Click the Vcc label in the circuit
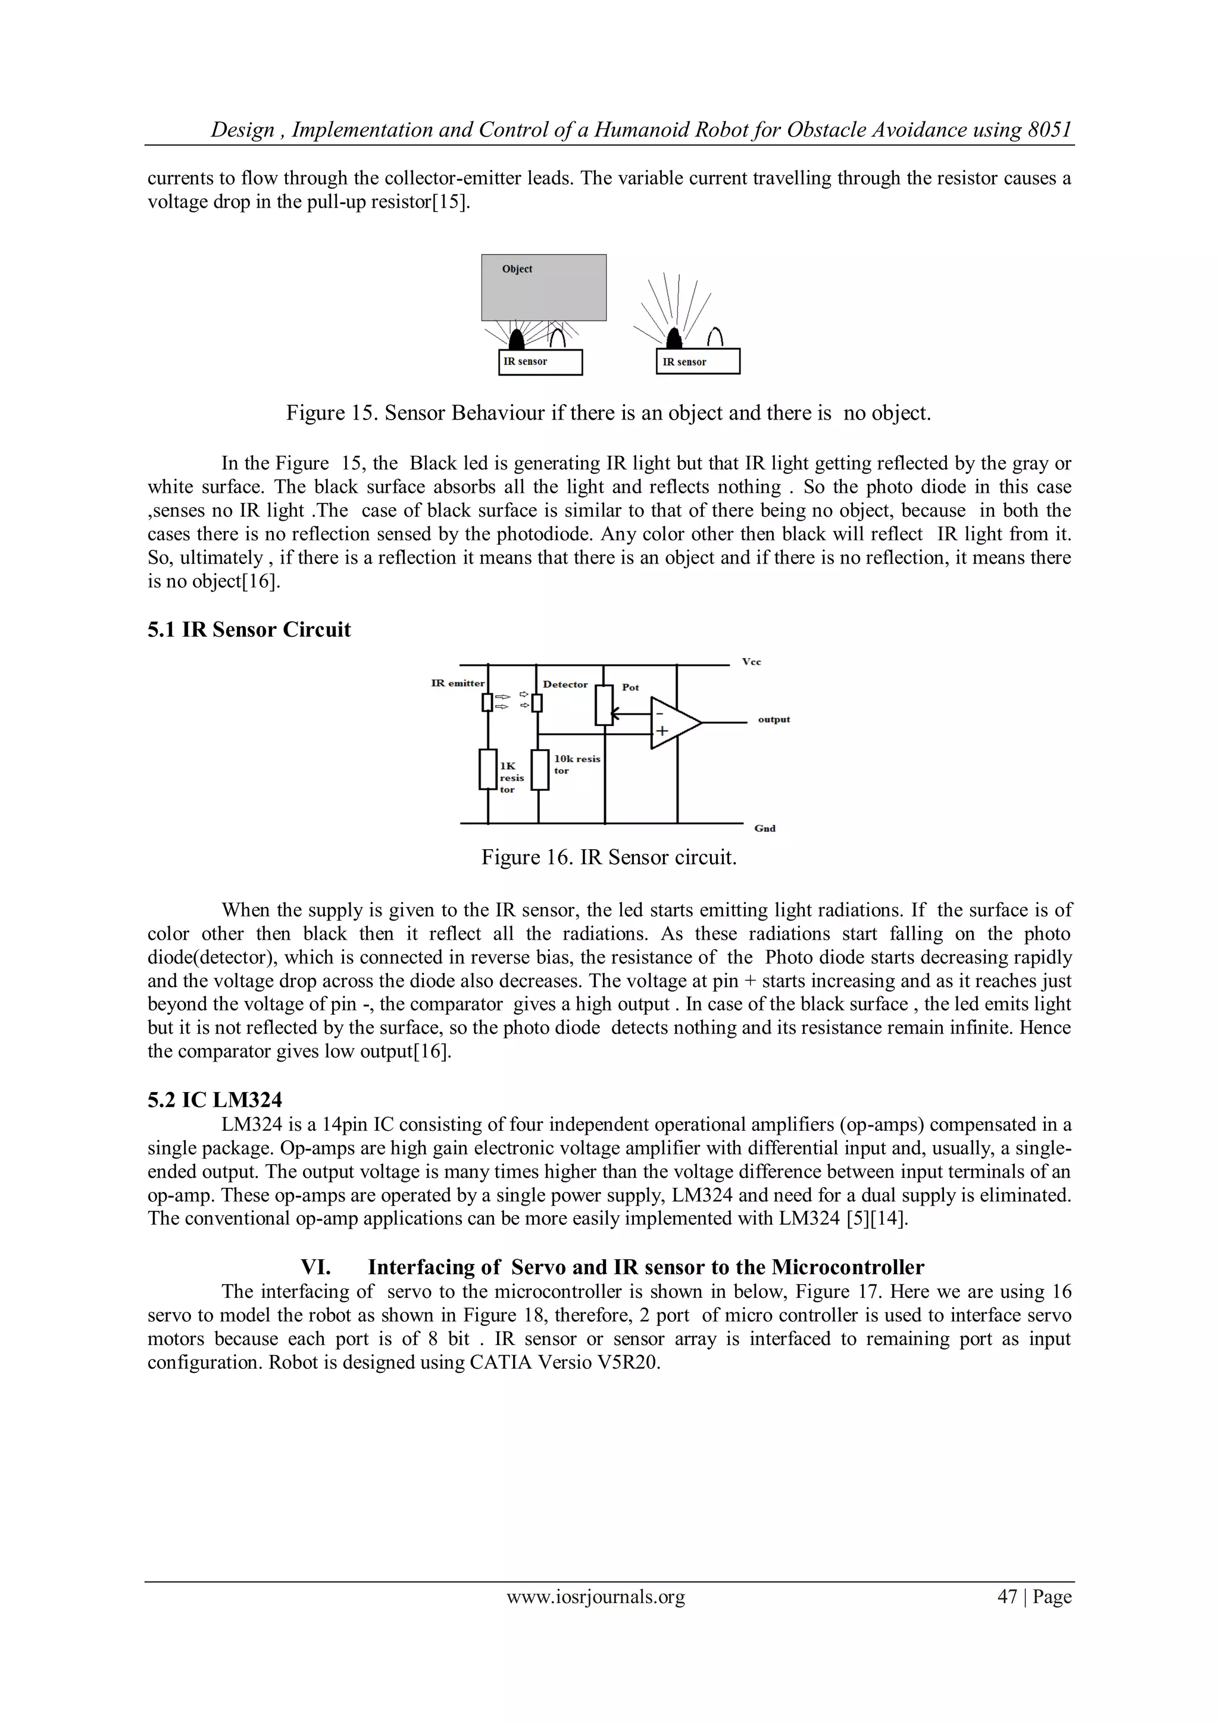[x=751, y=662]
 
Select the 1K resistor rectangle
[x=488, y=769]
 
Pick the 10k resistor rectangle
[x=540, y=769]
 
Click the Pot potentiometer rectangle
[x=604, y=705]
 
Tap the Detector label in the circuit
[x=565, y=684]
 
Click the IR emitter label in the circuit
[x=457, y=683]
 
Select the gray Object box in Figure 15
[x=544, y=287]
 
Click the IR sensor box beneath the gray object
[x=540, y=362]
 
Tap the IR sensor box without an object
[x=698, y=362]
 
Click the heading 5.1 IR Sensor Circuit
[x=249, y=629]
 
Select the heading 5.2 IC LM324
[x=215, y=1100]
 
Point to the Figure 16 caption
[x=608, y=857]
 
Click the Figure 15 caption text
[x=608, y=413]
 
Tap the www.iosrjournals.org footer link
[x=596, y=1597]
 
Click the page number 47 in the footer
[x=1007, y=1597]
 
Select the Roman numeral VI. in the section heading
[x=315, y=1267]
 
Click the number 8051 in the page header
[x=1049, y=130]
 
